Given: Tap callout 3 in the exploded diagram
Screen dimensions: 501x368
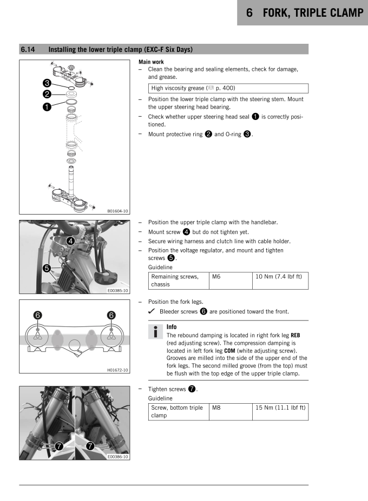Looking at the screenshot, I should [x=32, y=83].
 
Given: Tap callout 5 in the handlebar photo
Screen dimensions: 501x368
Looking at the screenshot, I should [x=31, y=268].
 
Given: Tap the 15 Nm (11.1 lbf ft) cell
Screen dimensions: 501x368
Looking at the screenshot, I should [x=280, y=412].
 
